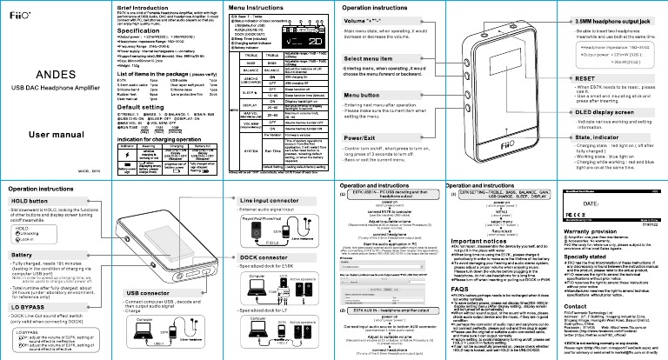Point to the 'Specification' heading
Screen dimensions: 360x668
114,30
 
